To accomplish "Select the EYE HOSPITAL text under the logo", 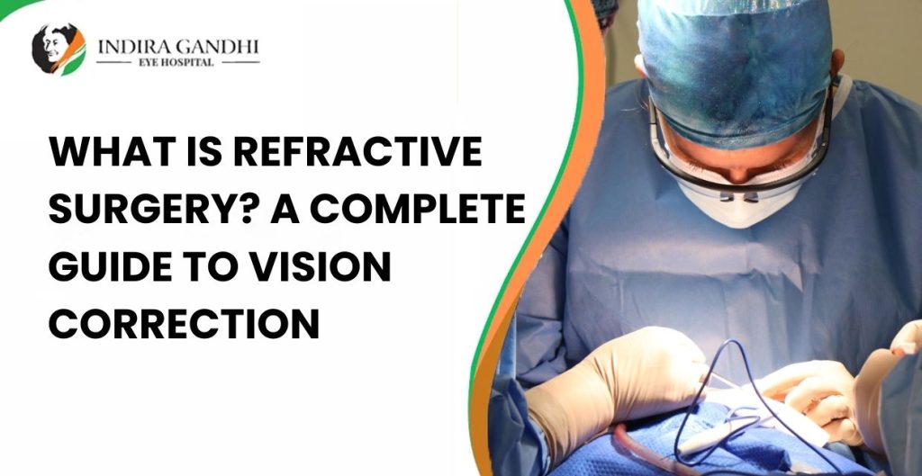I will coord(177,63).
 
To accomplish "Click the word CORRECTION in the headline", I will coord(185,324).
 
